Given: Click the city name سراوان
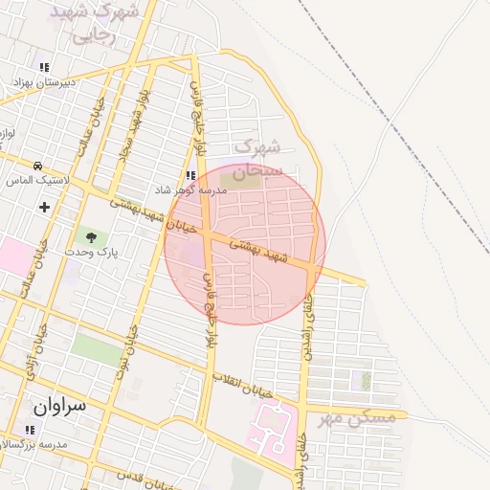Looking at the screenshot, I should pos(59,405).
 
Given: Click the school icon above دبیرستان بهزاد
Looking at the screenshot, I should pos(44,67).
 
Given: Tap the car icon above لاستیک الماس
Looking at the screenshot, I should pos(37,166).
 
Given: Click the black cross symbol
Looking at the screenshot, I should pos(44,206).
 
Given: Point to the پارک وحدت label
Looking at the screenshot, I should pos(91,251).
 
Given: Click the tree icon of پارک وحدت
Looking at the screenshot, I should pos(92,235).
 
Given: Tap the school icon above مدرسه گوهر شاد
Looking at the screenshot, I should pos(191,176).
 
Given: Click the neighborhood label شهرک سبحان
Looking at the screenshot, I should pos(259,159).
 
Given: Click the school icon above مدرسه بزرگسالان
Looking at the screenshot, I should pos(28,429).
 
